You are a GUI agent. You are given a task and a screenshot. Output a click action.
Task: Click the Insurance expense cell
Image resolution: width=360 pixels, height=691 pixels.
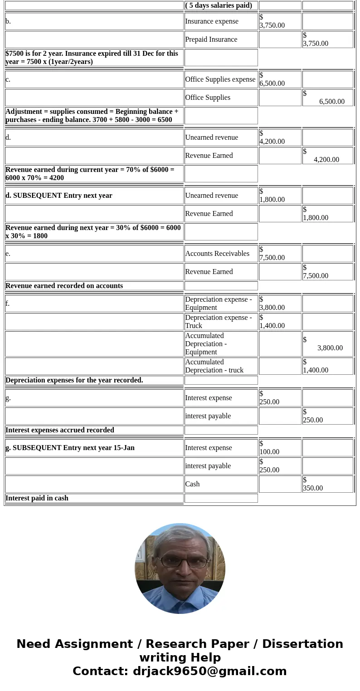(212, 21)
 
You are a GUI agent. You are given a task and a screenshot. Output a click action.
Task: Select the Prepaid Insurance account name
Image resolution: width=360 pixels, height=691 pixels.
(211, 39)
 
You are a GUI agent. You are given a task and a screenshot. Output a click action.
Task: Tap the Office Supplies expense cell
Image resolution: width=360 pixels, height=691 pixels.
(220, 79)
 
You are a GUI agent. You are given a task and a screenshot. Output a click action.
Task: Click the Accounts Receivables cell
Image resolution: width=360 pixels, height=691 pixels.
(217, 254)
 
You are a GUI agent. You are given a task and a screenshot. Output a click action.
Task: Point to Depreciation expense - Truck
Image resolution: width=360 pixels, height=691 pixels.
(219, 322)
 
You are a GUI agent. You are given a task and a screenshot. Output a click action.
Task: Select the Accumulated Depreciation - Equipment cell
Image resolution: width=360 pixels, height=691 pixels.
(206, 344)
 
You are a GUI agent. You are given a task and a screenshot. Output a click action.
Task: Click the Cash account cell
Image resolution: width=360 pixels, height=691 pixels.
(193, 484)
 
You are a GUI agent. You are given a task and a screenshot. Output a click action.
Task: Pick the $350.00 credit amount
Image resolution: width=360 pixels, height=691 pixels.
(313, 484)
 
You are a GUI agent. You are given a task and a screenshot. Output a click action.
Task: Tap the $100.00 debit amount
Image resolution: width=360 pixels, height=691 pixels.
(270, 448)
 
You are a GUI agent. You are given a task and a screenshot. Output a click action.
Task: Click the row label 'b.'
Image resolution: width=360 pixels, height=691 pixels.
(8, 21)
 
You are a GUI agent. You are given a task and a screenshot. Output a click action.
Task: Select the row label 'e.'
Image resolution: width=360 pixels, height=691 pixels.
(8, 254)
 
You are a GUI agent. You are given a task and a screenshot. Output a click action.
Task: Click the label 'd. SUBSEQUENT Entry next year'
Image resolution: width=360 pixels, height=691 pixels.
(59, 196)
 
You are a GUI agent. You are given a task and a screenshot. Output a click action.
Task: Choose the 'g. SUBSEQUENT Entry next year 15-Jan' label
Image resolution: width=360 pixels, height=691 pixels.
(70, 448)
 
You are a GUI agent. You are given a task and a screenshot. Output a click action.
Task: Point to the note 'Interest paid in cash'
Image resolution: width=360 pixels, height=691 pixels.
(37, 498)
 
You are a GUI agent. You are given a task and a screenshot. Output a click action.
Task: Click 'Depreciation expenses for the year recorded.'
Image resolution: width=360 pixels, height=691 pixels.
(74, 380)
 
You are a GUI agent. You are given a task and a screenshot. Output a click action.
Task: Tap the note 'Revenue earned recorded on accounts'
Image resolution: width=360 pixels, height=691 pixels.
(64, 286)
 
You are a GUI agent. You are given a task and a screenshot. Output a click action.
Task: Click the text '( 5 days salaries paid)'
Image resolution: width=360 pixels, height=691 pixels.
(219, 5)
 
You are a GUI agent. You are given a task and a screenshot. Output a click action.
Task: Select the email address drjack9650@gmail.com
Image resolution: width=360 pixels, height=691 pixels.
(209, 671)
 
